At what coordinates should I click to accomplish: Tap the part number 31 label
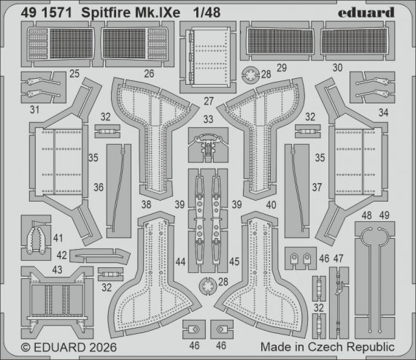pos(34,110)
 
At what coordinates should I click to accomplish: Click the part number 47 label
pos(338,259)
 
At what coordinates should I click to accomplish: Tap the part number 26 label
pos(149,73)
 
